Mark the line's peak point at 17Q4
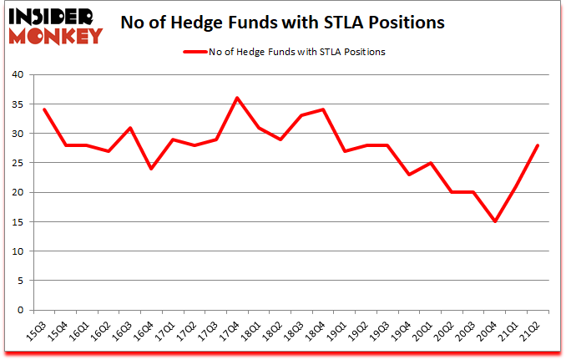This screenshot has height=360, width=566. pos(237,98)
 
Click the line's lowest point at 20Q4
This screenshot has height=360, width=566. pos(494,221)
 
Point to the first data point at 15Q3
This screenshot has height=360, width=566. pos(44,109)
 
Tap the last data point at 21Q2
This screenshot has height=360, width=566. pos(537,145)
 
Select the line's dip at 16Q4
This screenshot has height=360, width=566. pos(151,169)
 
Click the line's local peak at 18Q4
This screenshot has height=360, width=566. pos(322,109)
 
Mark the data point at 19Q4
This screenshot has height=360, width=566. pos(408,175)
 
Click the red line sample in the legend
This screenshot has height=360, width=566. pos(194,52)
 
